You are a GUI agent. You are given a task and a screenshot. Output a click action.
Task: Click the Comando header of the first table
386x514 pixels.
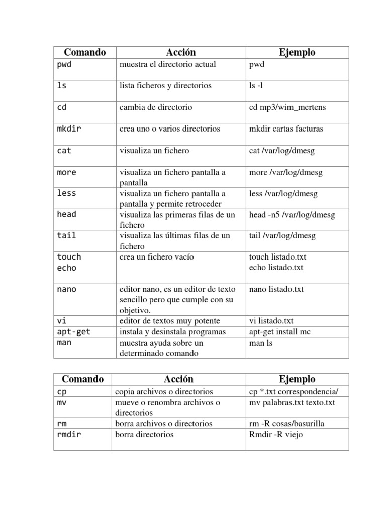[x=84, y=52]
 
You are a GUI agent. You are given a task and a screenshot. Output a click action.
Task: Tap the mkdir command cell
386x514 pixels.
[x=69, y=128]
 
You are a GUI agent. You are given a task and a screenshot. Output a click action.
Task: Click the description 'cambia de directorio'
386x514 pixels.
[x=156, y=107]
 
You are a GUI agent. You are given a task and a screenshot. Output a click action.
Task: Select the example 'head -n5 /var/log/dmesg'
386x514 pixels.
[x=292, y=214]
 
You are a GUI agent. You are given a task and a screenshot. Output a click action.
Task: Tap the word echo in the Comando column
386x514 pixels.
[x=67, y=268]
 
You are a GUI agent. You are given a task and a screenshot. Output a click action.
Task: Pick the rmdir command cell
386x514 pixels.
[x=69, y=434]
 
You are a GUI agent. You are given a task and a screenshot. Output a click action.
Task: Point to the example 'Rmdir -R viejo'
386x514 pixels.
[x=276, y=434]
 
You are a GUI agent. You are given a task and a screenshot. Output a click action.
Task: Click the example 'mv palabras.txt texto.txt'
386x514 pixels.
[x=292, y=402]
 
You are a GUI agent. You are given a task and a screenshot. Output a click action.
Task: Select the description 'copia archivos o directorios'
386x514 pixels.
[x=166, y=391]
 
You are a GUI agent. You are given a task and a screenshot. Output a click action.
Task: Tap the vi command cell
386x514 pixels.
[x=62, y=320]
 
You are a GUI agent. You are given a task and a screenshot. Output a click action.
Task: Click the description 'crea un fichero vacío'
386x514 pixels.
[x=157, y=257]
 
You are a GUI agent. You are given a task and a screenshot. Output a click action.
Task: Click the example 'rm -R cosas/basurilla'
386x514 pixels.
[x=286, y=423]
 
